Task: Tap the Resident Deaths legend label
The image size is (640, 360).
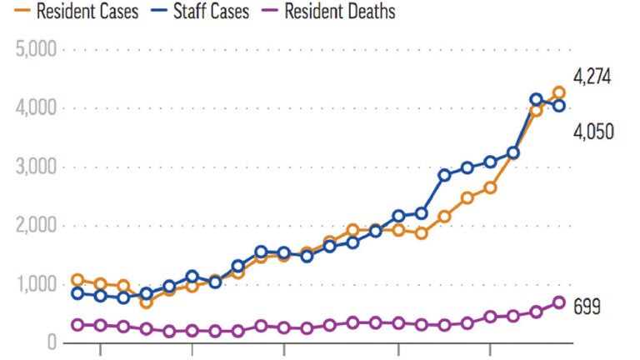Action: tap(339, 12)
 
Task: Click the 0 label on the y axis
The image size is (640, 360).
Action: tap(51, 343)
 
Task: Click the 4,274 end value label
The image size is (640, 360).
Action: tap(592, 77)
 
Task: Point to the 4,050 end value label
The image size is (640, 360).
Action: tap(592, 131)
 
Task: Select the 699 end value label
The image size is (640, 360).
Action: tap(587, 306)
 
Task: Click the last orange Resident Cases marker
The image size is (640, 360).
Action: tap(559, 92)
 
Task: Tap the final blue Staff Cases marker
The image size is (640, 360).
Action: tap(559, 106)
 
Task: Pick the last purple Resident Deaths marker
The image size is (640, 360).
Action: tap(559, 302)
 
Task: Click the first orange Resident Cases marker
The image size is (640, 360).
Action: tap(78, 280)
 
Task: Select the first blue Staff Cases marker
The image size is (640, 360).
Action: tap(78, 293)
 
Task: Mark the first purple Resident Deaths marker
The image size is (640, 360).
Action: tap(78, 325)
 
